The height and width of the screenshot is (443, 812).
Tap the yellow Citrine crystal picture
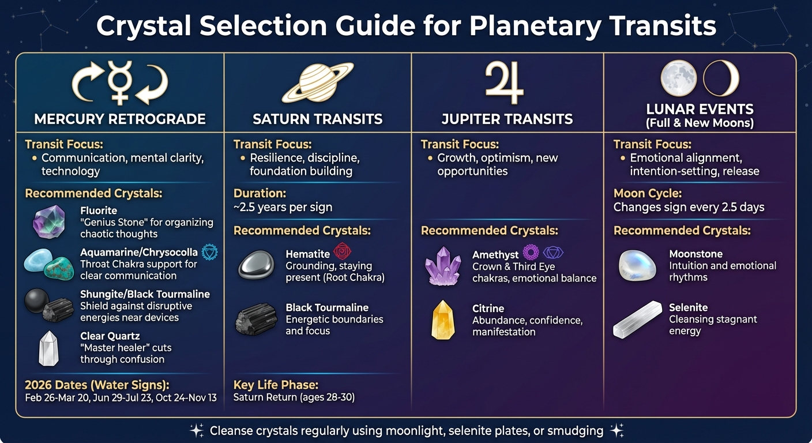pyautogui.click(x=443, y=320)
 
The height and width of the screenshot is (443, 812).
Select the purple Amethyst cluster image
pyautogui.click(x=443, y=265)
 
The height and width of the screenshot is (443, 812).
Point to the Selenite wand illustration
pyautogui.click(x=637, y=319)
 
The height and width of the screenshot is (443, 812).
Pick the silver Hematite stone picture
pyautogui.click(x=256, y=266)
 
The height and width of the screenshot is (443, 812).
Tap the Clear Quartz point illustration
pyautogui.click(x=48, y=348)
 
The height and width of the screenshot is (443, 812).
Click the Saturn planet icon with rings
pyautogui.click(x=317, y=82)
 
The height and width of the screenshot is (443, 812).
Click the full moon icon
pyautogui.click(x=678, y=78)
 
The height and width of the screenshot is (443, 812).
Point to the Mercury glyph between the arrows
pyautogui.click(x=120, y=83)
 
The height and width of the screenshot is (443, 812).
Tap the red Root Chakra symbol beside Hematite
pyautogui.click(x=342, y=251)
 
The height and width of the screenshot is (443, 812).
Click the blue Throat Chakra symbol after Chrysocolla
pyautogui.click(x=209, y=253)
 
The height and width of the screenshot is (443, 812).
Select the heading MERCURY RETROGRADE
pyautogui.click(x=120, y=119)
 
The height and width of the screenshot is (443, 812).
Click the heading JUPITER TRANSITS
pyautogui.click(x=507, y=119)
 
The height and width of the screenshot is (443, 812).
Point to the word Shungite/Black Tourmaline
pyautogui.click(x=145, y=294)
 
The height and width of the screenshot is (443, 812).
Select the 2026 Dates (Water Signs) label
pyautogui.click(x=97, y=385)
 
